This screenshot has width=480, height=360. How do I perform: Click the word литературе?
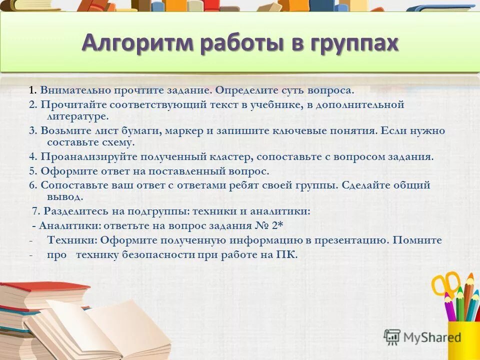(x=77, y=116)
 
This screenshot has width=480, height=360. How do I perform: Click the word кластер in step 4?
(x=233, y=156)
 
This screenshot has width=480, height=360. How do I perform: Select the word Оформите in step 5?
(x=63, y=171)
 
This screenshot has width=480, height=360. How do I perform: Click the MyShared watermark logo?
(x=423, y=337)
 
